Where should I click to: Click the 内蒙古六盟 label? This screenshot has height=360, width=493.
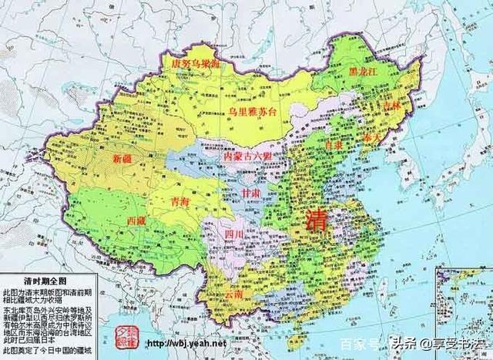(x=246, y=156)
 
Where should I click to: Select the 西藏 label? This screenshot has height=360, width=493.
(x=139, y=220)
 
